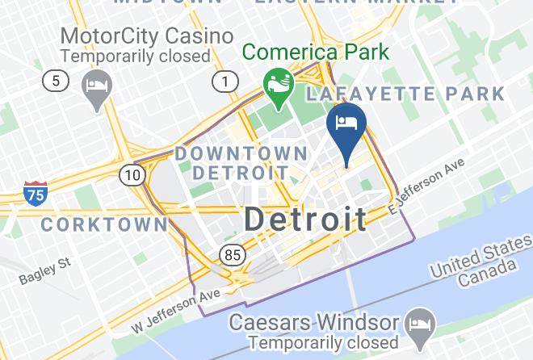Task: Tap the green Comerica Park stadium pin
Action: (279, 87)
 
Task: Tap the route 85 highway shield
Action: (231, 255)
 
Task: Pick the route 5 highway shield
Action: (56, 81)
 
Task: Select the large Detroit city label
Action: (304, 218)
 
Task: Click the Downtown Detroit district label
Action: (241, 162)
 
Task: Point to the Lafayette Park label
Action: (405, 94)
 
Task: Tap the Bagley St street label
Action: (46, 272)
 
